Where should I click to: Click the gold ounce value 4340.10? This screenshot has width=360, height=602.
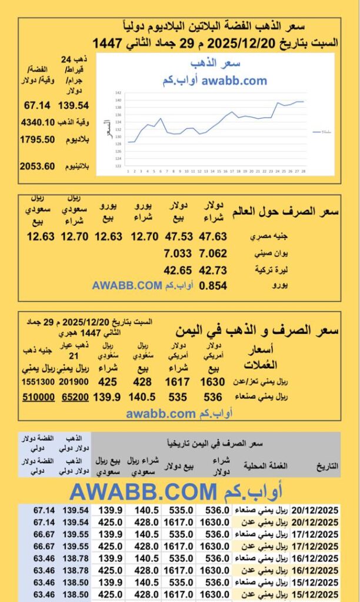(37, 123)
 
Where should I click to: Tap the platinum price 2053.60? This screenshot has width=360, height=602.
(37, 166)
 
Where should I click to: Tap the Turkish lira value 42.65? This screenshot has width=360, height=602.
(176, 270)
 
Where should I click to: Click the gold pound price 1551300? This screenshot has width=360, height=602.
(38, 382)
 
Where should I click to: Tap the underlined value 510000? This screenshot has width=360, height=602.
(39, 397)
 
